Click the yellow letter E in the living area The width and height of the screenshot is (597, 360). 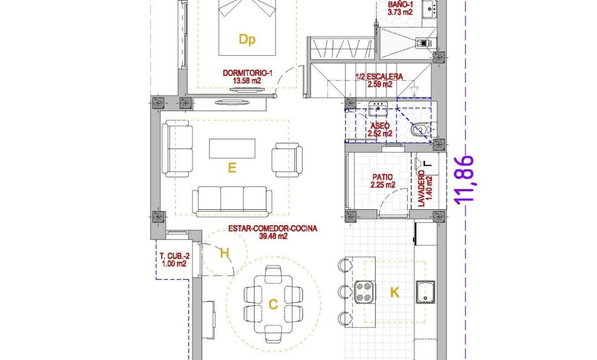(x=231, y=168)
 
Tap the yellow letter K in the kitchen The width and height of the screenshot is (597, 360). (x=394, y=293)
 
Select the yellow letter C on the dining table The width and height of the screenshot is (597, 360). (x=273, y=305)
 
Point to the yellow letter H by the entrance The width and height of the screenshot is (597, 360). (x=224, y=254)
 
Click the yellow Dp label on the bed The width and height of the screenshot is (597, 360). (x=247, y=40)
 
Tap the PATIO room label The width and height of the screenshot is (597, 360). (x=383, y=178)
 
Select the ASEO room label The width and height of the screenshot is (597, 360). (x=380, y=126)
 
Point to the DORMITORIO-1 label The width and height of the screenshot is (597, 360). (x=248, y=73)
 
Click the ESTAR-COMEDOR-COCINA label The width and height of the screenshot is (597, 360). (x=273, y=229)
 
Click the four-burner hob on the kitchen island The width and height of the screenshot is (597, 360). (x=364, y=292)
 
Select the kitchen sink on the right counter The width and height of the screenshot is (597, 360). (x=426, y=292)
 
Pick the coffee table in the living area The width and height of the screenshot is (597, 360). (x=232, y=148)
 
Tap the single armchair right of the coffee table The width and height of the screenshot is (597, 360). (x=287, y=159)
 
